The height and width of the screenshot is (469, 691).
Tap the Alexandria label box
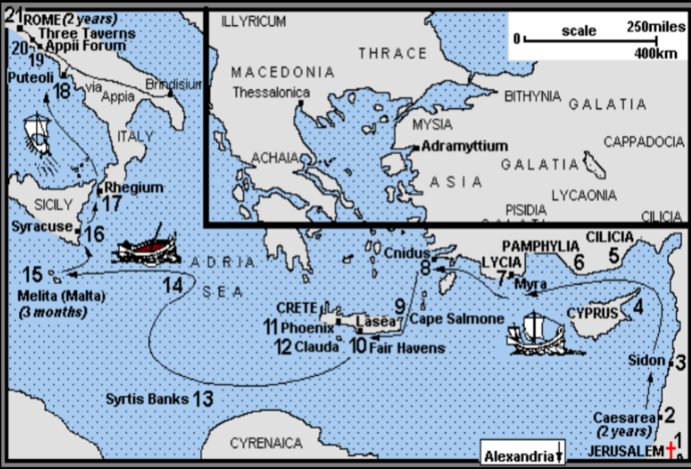(522, 455)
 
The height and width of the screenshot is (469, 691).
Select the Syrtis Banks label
(146, 399)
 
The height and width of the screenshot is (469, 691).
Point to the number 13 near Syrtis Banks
(203, 399)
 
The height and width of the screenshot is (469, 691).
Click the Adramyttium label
(464, 145)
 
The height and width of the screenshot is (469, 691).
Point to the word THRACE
(392, 54)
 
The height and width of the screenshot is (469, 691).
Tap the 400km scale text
(662, 53)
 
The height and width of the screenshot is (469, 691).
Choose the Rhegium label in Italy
(134, 188)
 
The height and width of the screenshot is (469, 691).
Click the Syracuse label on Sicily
(41, 227)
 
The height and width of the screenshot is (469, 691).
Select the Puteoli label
(29, 78)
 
